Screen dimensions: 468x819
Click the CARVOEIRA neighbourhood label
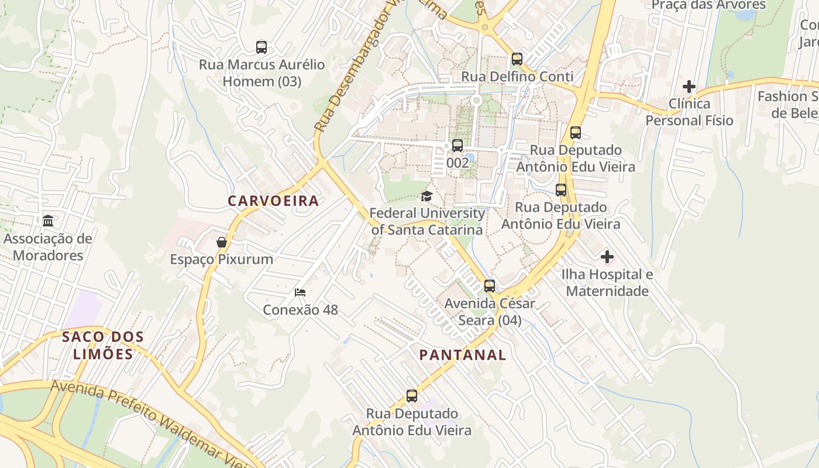pos(273,201)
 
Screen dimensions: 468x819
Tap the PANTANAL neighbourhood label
pos(463,355)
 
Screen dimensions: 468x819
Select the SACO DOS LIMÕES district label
pos(102,345)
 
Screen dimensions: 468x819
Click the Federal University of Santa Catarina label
pos(427,221)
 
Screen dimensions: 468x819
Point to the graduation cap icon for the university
pos(426,197)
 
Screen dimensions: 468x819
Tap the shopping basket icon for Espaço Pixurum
pos(221,242)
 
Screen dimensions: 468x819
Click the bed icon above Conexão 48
pos(300,292)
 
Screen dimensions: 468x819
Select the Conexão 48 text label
pos(300,310)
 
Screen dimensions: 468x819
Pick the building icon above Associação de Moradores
pos(48,221)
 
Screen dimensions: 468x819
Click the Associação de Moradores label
pos(48,247)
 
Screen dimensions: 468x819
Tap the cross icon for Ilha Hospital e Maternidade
pos(607,257)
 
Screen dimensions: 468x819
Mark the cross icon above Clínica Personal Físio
pos(689,87)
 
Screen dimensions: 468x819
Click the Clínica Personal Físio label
pos(689,112)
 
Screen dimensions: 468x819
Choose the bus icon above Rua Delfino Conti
pos(517,59)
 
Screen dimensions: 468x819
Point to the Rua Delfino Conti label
pos(517,77)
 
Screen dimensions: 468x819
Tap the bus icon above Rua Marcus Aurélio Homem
pos(261,47)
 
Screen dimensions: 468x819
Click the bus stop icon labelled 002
pos(457,146)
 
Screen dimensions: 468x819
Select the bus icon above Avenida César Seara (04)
pos(489,286)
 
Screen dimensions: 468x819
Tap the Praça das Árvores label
pos(708,5)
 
